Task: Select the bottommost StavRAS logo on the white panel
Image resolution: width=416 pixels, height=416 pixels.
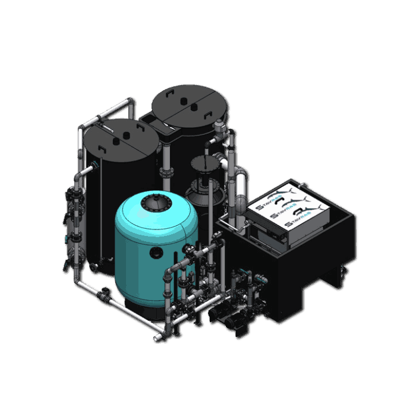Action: coord(294,223)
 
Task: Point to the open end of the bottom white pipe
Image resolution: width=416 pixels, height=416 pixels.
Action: coord(157,339)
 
